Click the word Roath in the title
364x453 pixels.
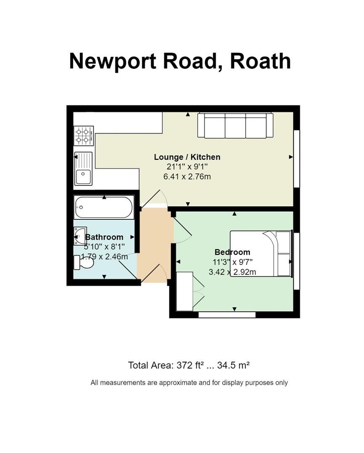coord(260,61)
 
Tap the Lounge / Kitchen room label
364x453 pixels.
coord(187,157)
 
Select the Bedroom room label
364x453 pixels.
coord(232,252)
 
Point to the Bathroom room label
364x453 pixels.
coord(104,237)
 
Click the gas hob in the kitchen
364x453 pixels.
coord(84,136)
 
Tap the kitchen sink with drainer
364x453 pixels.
coord(83,169)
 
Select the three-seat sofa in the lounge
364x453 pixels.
coord(235,125)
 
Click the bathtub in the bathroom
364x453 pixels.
coord(104,207)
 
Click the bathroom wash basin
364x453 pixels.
coord(79,236)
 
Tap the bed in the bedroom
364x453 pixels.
coord(261,254)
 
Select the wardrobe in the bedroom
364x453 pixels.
coord(185,291)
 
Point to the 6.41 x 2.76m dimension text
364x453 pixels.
coord(187,176)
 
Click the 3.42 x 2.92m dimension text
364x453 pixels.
coord(232,272)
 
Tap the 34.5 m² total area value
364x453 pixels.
coord(233,365)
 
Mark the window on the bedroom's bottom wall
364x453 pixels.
coord(227,315)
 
